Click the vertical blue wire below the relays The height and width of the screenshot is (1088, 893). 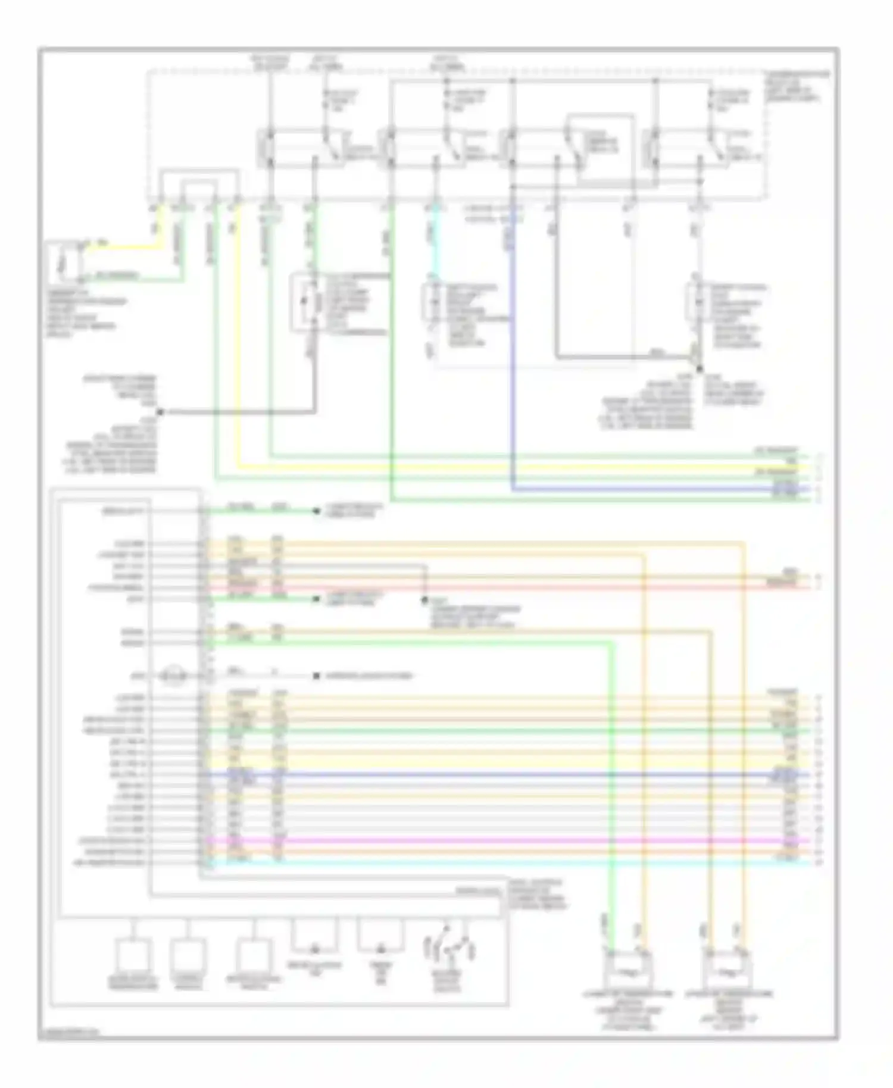pyautogui.click(x=513, y=357)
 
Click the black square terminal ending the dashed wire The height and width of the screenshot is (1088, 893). pyautogui.click(x=317, y=676)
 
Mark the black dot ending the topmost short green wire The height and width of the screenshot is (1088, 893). pyautogui.click(x=317, y=511)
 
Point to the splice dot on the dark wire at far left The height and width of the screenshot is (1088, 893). pyautogui.click(x=160, y=411)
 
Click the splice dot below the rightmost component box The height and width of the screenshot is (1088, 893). pyautogui.click(x=700, y=369)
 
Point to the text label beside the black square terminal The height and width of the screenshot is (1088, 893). pyautogui.click(x=369, y=677)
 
